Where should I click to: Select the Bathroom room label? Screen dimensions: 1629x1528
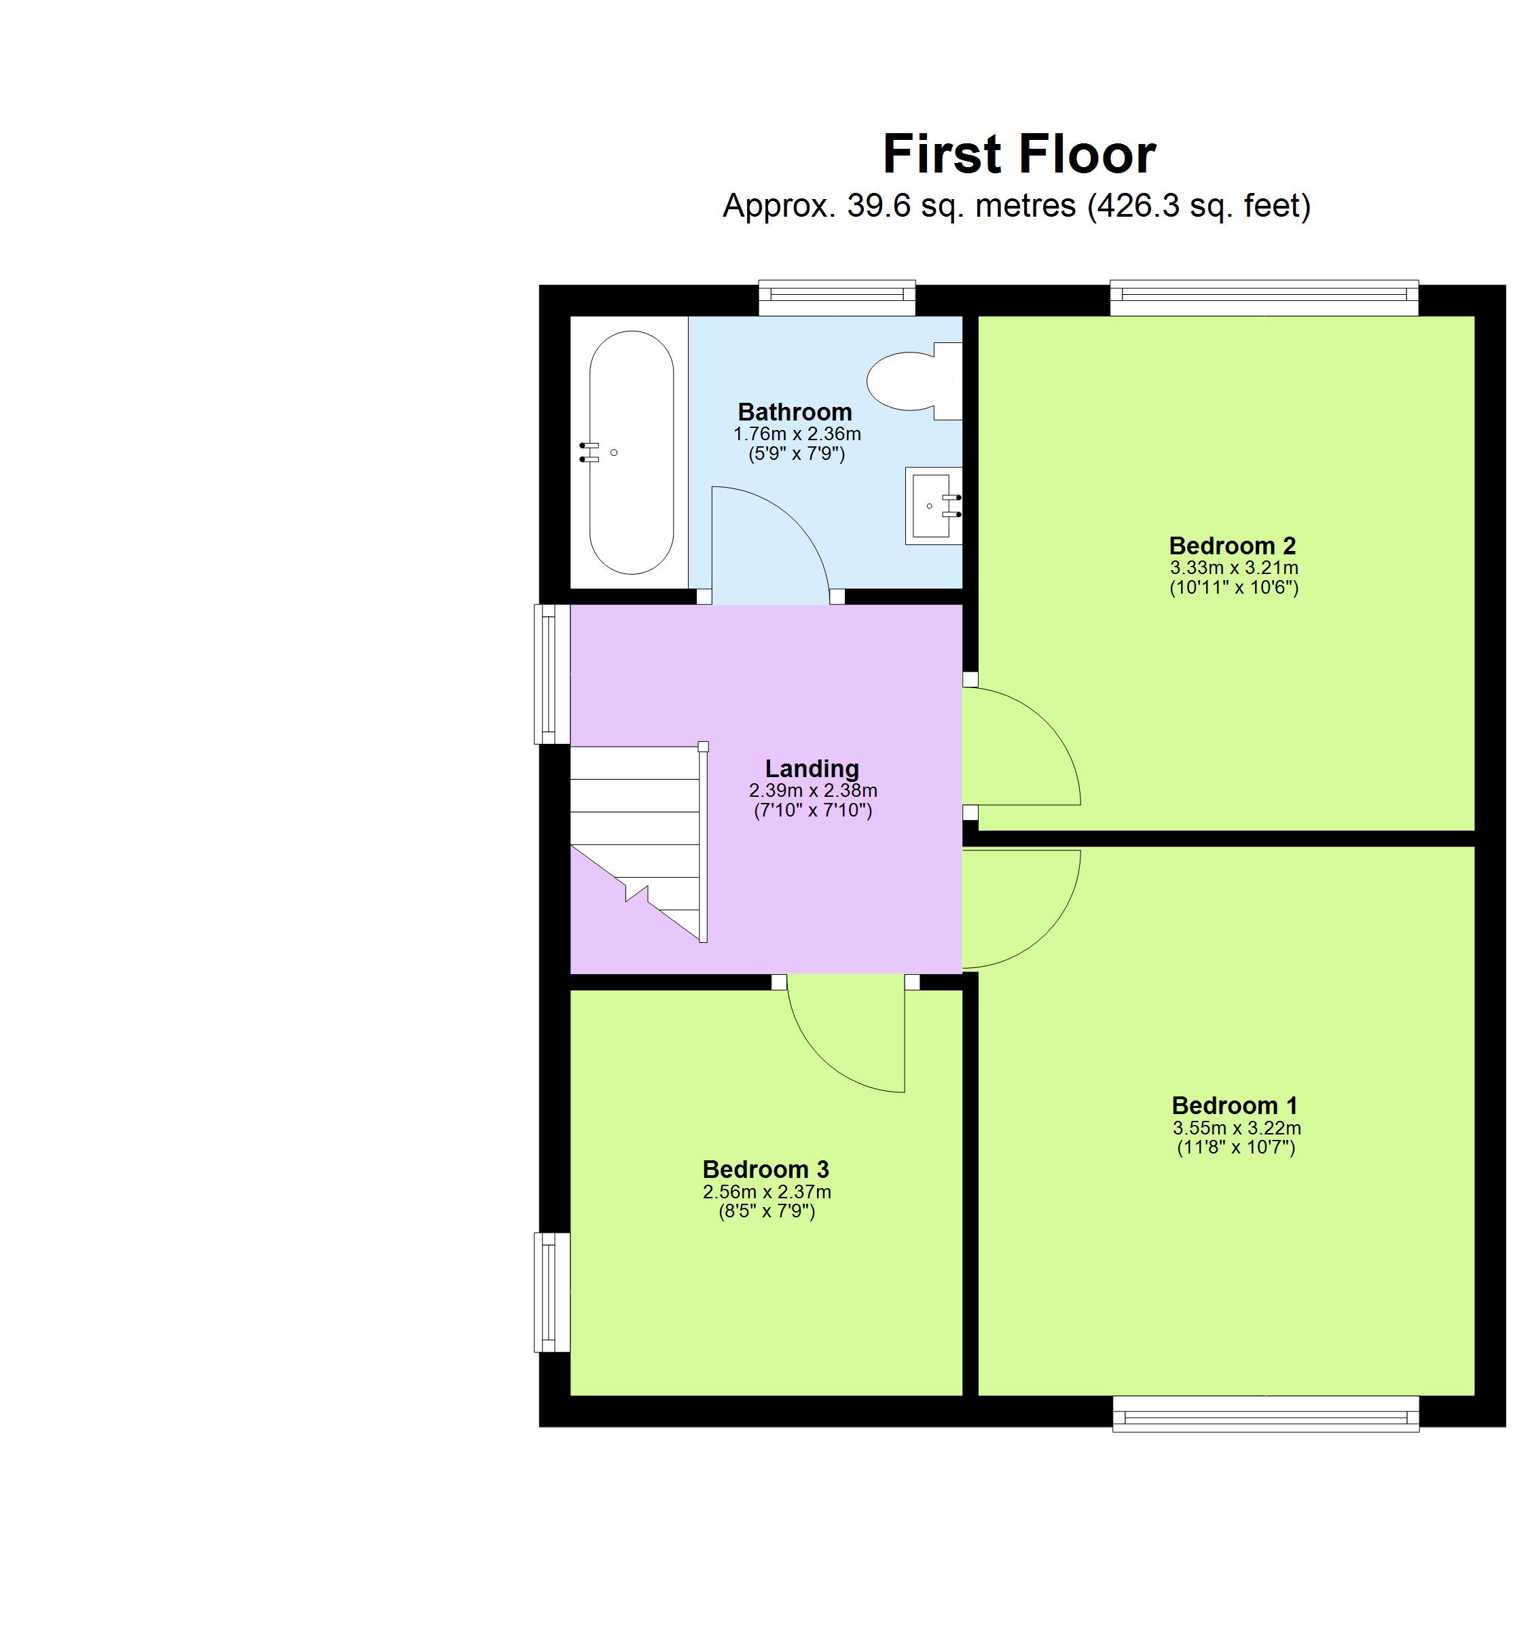click(794, 412)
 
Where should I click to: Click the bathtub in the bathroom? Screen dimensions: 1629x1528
click(631, 452)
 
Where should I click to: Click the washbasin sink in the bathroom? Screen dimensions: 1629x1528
click(932, 505)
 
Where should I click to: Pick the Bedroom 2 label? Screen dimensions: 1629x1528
click(1231, 545)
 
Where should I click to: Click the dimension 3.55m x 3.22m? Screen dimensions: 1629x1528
click(1235, 1128)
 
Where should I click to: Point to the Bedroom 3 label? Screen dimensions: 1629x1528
click(765, 1168)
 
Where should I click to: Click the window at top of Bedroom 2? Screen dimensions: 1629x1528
click(1262, 298)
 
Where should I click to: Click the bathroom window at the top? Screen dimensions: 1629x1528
click(836, 298)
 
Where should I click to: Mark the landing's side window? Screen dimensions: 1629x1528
click(551, 674)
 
